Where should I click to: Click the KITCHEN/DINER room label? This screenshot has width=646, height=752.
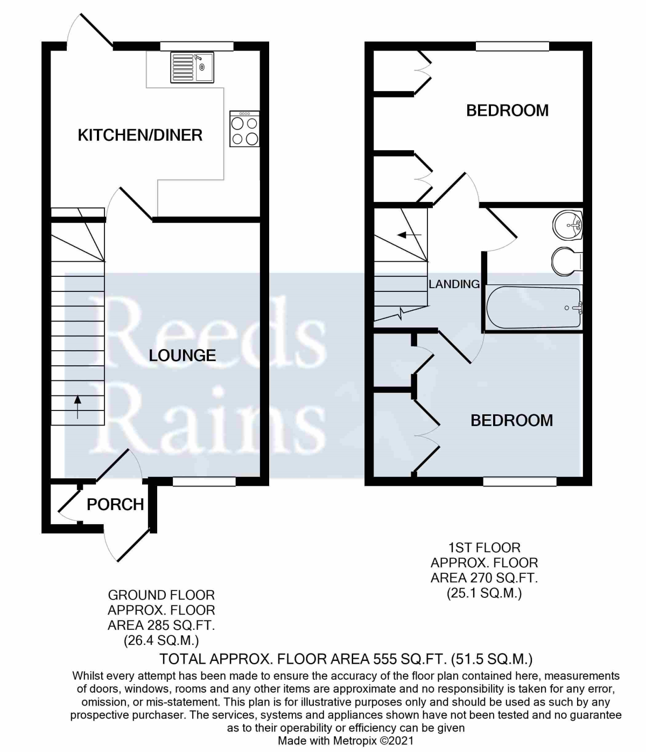click(140, 135)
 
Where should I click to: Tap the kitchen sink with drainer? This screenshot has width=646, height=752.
click(192, 67)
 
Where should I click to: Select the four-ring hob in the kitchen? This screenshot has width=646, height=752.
click(244, 129)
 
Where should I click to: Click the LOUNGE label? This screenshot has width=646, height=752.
click(182, 355)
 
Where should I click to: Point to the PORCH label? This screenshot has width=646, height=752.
click(115, 504)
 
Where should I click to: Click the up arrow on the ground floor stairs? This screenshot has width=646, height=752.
click(78, 407)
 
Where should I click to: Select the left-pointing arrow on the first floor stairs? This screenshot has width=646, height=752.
click(409, 235)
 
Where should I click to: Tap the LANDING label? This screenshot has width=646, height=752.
click(454, 284)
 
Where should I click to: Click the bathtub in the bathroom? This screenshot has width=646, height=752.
click(533, 308)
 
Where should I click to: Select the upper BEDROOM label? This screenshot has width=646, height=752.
click(507, 110)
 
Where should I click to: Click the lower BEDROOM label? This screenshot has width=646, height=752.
click(511, 420)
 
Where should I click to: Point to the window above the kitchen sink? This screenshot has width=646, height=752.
click(196, 46)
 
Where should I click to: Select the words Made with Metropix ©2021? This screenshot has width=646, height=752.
click(346, 741)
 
